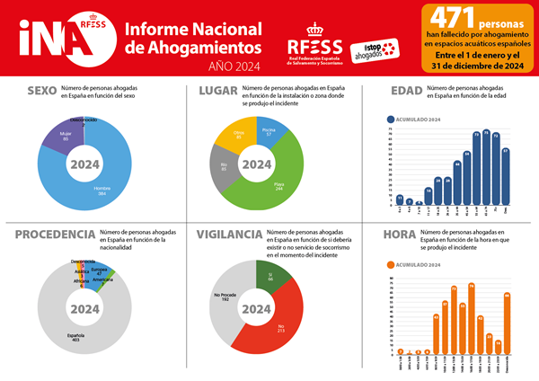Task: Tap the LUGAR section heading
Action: [x=216, y=91]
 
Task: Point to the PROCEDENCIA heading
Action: [x=55, y=235]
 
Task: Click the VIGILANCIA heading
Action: [x=228, y=235]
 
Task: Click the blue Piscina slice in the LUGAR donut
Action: [x=269, y=133]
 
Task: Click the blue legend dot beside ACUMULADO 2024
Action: [x=390, y=119]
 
